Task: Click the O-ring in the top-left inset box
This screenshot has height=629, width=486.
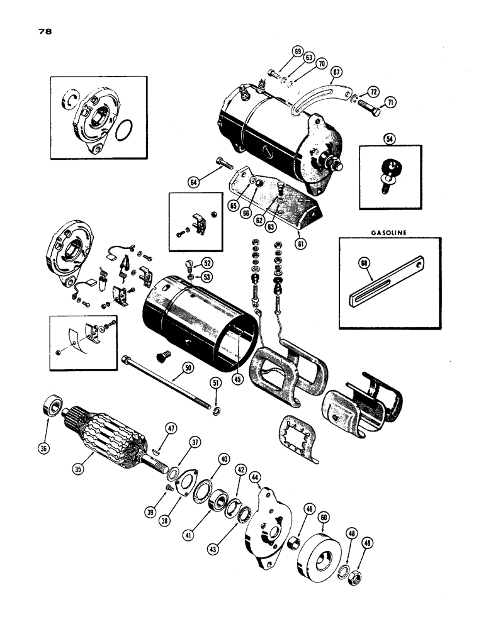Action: [x=126, y=131]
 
